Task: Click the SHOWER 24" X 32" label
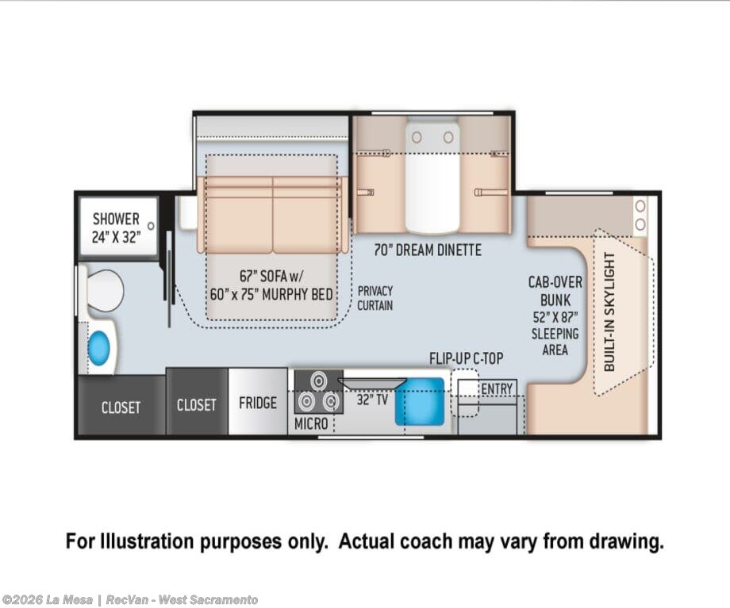pos(116,228)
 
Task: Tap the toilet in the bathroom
pos(102,291)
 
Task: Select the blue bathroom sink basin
pos(98,347)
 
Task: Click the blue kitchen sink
pos(420,401)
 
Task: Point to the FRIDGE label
pos(258,403)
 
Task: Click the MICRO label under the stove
pos(311,424)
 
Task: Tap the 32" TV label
pos(372,400)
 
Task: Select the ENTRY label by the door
pos(497,388)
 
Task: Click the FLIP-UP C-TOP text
pos(466,358)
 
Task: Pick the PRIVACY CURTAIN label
pos(375,298)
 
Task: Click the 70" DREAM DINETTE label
pos(428,250)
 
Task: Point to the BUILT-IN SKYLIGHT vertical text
pos(609,312)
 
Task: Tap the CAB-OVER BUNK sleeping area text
pos(555,315)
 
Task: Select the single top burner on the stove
pos(319,381)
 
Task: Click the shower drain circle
pos(151,226)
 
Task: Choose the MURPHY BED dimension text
pos(271,294)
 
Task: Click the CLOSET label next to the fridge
pos(197,405)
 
